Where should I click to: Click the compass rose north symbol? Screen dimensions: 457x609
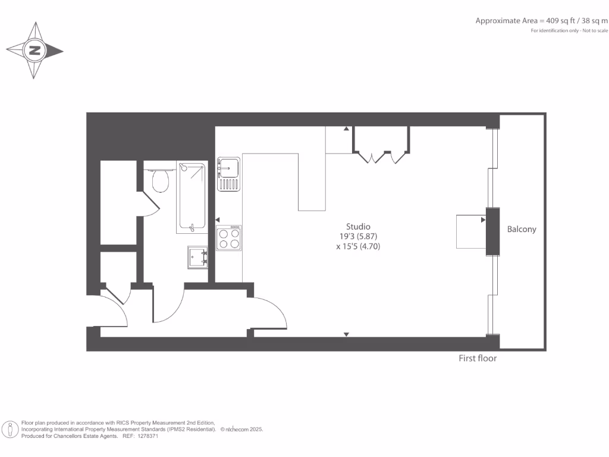34,51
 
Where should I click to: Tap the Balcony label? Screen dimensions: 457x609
521,229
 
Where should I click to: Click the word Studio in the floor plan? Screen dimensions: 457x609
358,226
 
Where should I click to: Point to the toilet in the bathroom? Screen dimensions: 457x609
160,180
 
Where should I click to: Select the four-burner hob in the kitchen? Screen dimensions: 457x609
228,238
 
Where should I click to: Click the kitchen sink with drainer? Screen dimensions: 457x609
228,174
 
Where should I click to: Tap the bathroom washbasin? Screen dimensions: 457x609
198,256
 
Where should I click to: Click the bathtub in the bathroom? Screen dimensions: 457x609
192,198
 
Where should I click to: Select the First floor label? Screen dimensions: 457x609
477,358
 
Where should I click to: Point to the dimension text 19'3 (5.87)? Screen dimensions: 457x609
358,236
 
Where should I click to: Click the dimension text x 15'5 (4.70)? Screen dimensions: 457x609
358,245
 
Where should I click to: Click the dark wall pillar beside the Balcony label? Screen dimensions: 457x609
492,231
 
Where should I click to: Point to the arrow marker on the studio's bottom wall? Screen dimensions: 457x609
346,334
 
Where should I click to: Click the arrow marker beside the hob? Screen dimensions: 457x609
218,220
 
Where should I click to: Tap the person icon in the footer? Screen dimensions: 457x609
10,428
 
